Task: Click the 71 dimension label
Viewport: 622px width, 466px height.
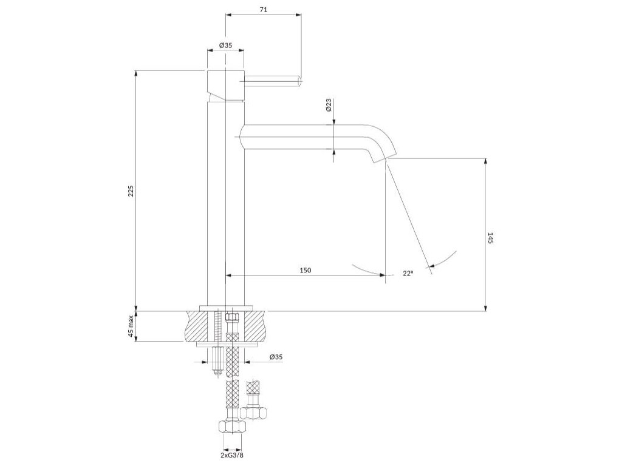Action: pyautogui.click(x=263, y=10)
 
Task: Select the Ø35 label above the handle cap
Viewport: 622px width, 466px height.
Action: pyautogui.click(x=226, y=46)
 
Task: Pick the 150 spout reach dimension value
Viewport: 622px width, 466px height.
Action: pyautogui.click(x=305, y=270)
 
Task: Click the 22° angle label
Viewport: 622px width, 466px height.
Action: pyautogui.click(x=408, y=274)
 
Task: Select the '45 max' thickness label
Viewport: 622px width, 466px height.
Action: pyautogui.click(x=130, y=326)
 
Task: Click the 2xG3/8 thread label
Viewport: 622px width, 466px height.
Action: pyautogui.click(x=231, y=455)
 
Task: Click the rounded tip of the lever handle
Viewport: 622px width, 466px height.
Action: pyautogui.click(x=299, y=79)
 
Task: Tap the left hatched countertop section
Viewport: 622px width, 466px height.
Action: pyautogui.click(x=198, y=326)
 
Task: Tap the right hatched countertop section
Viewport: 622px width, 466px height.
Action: pyautogui.click(x=255, y=326)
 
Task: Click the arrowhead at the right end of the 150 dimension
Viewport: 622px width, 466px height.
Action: pyautogui.click(x=382, y=275)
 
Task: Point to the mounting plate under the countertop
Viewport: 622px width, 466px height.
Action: pyautogui.click(x=228, y=344)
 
